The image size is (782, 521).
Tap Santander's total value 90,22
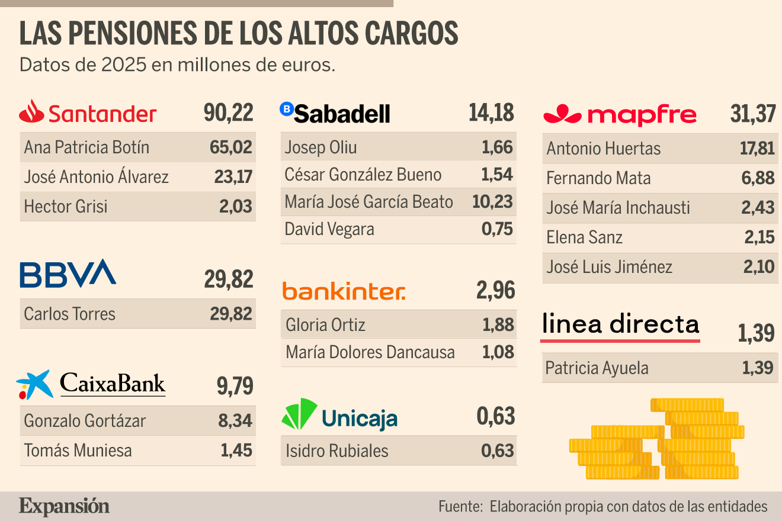point(228,112)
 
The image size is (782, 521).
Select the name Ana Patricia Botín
point(86,147)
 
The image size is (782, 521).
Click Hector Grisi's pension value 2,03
point(236,206)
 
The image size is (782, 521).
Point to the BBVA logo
point(68,274)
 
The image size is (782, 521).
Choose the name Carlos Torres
point(69,314)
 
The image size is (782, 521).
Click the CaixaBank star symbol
point(34,385)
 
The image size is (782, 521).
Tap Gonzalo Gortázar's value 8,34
point(235,420)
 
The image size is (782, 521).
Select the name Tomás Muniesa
point(78,450)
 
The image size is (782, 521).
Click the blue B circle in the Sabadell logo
point(287,109)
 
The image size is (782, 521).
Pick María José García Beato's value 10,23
point(492,202)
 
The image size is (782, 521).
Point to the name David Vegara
point(329,229)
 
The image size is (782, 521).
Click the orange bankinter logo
point(344,291)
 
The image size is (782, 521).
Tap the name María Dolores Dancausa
point(370,352)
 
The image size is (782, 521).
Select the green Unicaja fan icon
point(299,414)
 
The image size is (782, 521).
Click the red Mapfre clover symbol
point(562,114)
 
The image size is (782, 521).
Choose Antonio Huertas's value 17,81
point(757,149)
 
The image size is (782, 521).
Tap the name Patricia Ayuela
point(597,368)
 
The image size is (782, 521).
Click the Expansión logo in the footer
point(64,506)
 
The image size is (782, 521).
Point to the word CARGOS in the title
point(412,33)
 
